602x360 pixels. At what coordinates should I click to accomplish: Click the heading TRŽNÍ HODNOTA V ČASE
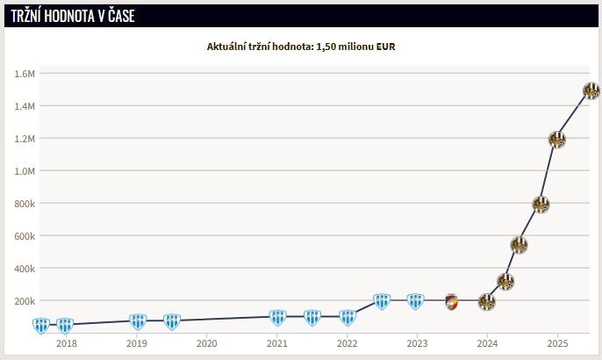[73, 16]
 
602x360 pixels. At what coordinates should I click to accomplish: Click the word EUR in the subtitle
[386, 46]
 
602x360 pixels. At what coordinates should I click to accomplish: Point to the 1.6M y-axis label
[25, 74]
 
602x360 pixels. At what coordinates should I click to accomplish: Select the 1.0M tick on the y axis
[25, 171]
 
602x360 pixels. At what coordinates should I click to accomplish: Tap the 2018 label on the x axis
[66, 343]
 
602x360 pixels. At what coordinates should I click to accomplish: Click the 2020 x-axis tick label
[206, 343]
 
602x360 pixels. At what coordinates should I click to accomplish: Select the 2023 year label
[417, 343]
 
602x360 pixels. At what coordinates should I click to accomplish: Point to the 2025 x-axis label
[557, 343]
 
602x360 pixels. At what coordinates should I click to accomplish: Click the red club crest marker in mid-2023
[451, 301]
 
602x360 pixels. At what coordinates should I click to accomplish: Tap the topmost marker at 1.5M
[591, 90]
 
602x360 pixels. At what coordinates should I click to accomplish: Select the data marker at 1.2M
[556, 139]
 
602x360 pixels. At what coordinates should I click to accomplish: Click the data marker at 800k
[541, 204]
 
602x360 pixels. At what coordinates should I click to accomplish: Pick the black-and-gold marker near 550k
[519, 245]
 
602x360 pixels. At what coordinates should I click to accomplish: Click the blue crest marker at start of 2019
[137, 321]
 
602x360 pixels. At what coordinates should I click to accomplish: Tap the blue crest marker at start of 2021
[277, 317]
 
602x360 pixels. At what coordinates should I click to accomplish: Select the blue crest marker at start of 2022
[348, 317]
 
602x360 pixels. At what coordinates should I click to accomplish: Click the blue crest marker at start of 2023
[416, 301]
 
